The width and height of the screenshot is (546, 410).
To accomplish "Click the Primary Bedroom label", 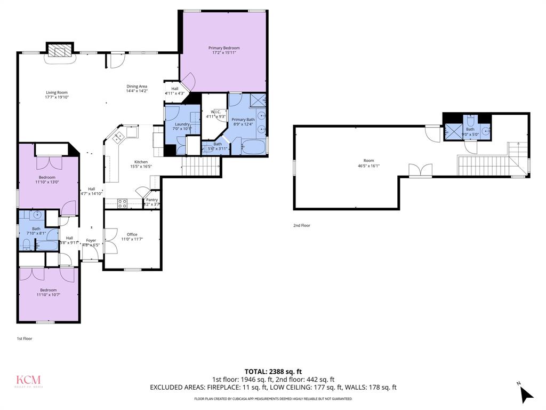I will pyautogui.click(x=223, y=48).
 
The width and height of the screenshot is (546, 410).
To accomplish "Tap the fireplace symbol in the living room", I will pyautogui.click(x=59, y=51).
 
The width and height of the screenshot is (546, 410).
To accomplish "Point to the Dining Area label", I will pyautogui.click(x=136, y=86).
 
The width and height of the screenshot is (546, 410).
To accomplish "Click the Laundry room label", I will pyautogui.click(x=182, y=124).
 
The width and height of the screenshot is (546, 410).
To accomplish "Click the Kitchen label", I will pyautogui.click(x=141, y=162).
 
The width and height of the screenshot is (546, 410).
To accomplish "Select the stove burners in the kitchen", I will pyautogui.click(x=122, y=203).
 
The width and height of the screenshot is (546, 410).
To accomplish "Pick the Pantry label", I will pyautogui.click(x=152, y=200).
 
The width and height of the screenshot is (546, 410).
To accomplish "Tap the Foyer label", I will pyautogui.click(x=91, y=240).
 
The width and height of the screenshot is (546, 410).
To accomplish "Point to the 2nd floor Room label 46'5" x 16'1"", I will pyautogui.click(x=368, y=160).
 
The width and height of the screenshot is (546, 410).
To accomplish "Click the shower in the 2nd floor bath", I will pyautogui.click(x=453, y=131).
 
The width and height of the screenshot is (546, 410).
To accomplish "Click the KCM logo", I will pyautogui.click(x=28, y=381).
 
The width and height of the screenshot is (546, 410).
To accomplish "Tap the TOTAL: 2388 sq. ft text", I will pyautogui.click(x=273, y=372).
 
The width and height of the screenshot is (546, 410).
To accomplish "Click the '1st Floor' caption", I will pyautogui.click(x=25, y=338).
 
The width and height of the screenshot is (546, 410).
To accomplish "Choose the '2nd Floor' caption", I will pyautogui.click(x=302, y=225).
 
